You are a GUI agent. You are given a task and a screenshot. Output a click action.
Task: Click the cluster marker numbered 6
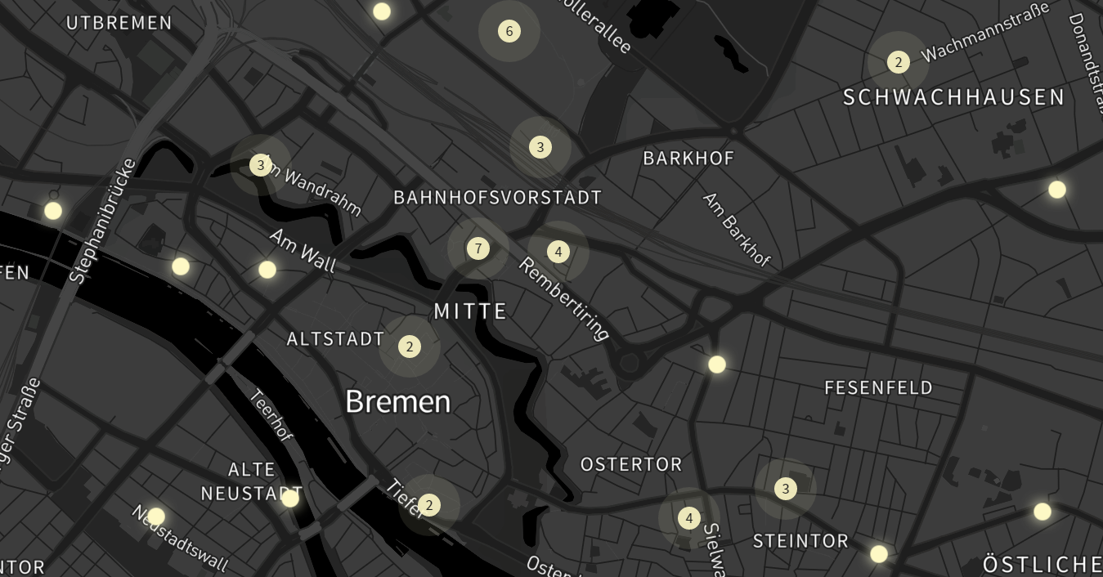tap(509, 31)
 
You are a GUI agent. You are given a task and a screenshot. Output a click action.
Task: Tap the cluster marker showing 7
tap(478, 248)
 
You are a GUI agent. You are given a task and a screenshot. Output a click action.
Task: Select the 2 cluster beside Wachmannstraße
tap(899, 62)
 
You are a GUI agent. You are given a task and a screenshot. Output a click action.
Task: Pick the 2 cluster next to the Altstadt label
tap(410, 347)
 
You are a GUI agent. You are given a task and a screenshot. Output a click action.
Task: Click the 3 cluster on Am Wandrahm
tap(261, 165)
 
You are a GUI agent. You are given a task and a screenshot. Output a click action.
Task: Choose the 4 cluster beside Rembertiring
tap(558, 252)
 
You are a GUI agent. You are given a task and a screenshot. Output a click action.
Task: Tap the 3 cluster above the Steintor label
tap(785, 489)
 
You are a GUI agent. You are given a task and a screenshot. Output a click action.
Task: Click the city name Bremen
tap(397, 401)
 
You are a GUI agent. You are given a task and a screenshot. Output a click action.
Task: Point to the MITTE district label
tap(470, 311)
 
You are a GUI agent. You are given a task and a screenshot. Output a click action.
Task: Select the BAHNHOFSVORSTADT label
tap(497, 198)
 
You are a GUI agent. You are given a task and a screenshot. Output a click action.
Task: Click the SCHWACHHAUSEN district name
tap(953, 98)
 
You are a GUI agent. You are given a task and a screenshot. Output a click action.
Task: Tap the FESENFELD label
tap(878, 387)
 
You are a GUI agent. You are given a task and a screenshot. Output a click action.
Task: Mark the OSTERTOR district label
tap(630, 464)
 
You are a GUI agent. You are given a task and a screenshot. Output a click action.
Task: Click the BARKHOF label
tap(688, 158)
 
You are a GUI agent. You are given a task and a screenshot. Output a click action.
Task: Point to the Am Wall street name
tap(303, 250)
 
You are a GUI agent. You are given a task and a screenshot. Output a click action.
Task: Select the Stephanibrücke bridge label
tap(103, 221)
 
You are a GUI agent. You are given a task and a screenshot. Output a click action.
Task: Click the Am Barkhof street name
tap(736, 230)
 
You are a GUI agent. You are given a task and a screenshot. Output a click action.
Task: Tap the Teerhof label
tap(270, 414)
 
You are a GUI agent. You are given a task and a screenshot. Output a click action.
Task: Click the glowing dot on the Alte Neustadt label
tap(290, 498)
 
